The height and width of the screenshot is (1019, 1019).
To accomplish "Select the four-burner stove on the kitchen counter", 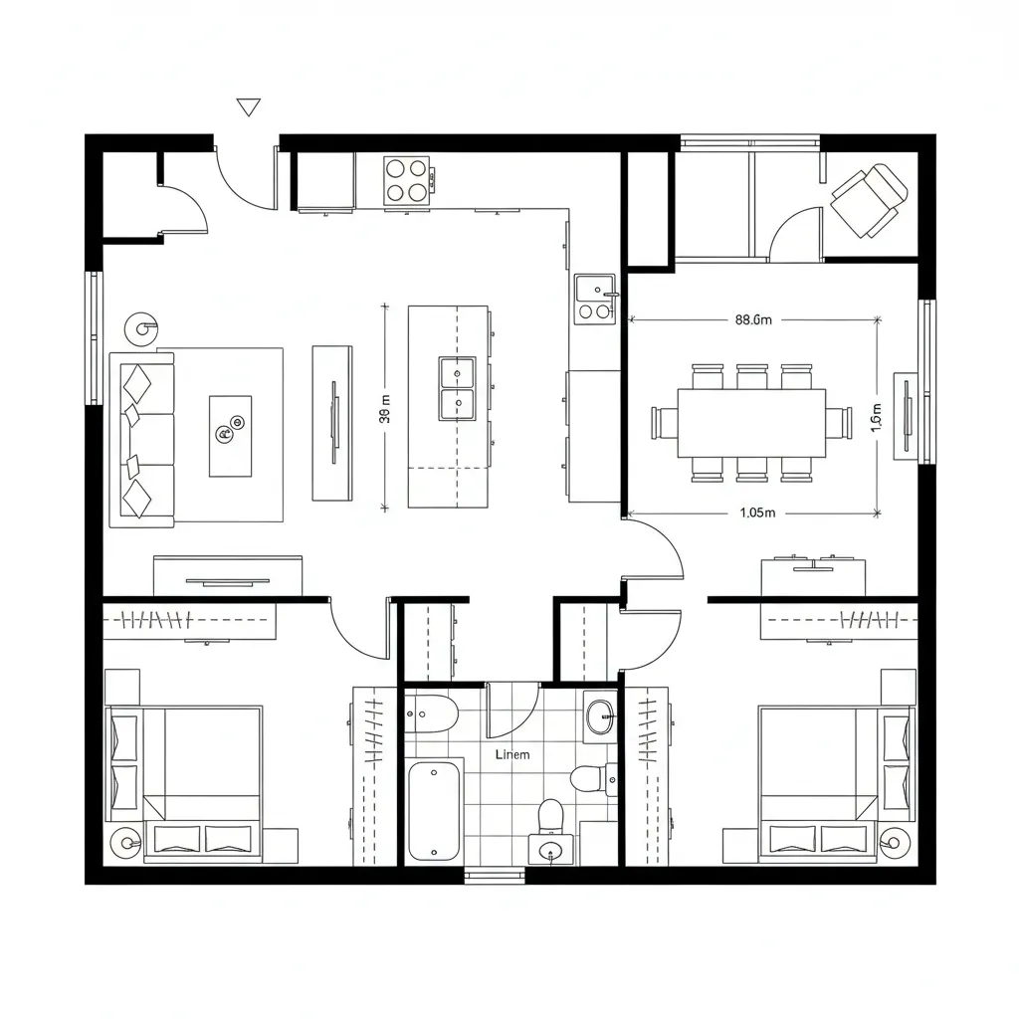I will pos(407,180).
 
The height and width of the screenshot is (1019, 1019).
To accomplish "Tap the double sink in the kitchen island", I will pos(457,388).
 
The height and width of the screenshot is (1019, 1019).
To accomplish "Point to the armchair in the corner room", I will pos(868,200).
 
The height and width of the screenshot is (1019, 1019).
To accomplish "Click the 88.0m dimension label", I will pos(753,320).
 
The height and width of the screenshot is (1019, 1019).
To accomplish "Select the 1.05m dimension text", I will pos(757,513).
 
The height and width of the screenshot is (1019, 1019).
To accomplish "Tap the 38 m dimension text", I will pos(385,416).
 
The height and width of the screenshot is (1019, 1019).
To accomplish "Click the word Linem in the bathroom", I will pos(512,754).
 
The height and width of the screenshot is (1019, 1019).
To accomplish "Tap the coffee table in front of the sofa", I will pos(230,435).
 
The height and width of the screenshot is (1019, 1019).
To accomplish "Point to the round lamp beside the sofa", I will pos(139,326).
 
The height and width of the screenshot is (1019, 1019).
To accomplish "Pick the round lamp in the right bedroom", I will pos(895,843).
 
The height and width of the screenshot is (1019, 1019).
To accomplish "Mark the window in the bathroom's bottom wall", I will pos(495,876).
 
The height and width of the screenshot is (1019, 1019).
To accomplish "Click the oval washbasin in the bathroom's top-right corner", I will pos(600,715).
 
